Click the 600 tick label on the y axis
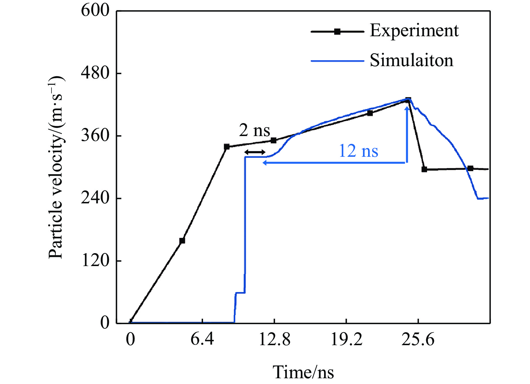point(95,11)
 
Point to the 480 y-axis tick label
point(95,73)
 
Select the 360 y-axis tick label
point(95,135)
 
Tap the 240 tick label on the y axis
point(95,198)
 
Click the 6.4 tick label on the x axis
point(202,339)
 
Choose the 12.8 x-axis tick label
point(274,339)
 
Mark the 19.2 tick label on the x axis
point(346,339)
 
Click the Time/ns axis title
point(303,372)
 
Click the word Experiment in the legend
point(414,30)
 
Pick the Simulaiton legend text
point(411,60)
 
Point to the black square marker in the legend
point(337,32)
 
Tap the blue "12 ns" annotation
point(358,151)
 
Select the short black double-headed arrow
point(255,152)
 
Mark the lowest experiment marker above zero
point(182,241)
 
